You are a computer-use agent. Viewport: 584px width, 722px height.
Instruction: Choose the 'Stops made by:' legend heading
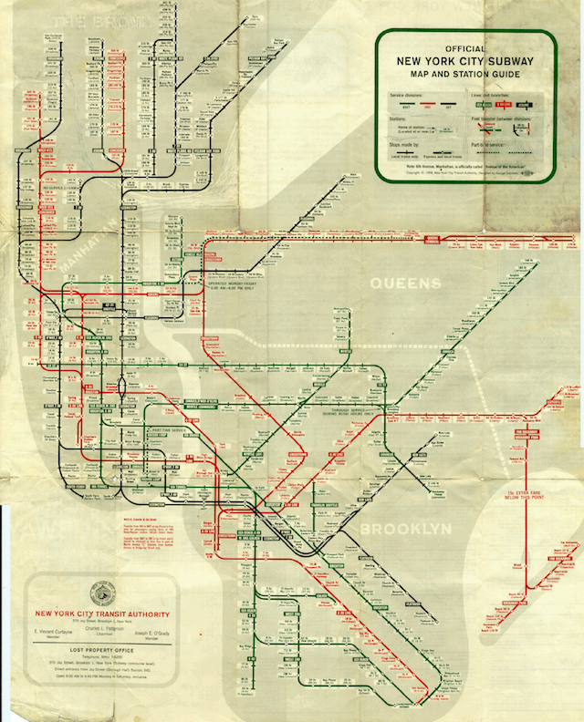tap(403, 143)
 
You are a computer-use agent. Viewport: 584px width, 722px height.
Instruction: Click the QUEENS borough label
tap(405, 284)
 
